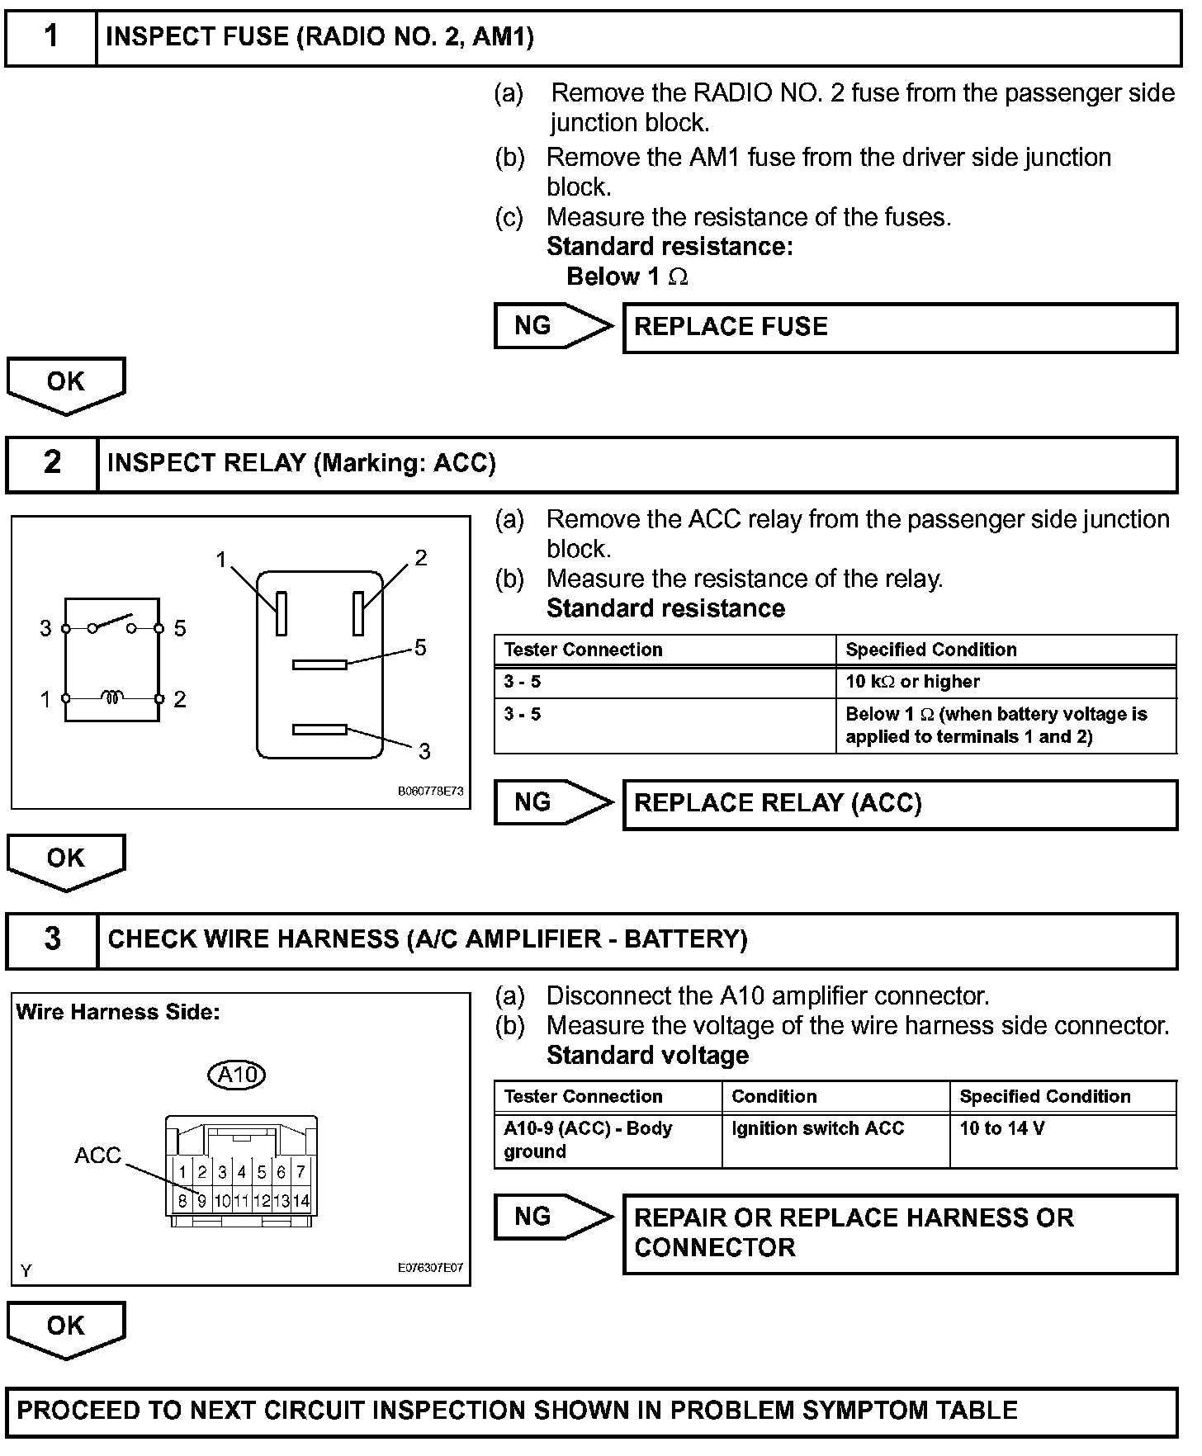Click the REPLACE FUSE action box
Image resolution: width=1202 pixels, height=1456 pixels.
click(x=900, y=328)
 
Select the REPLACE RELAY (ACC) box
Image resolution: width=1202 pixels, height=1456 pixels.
click(x=900, y=805)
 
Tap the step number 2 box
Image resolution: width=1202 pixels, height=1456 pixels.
click(x=52, y=464)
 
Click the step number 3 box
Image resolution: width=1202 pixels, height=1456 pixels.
click(x=52, y=940)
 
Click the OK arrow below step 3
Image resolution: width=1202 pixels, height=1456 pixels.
click(x=66, y=1328)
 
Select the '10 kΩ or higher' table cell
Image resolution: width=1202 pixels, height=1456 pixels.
click(x=1006, y=683)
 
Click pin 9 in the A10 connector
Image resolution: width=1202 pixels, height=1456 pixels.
click(x=201, y=1202)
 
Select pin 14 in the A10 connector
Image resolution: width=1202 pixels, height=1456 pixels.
click(x=300, y=1202)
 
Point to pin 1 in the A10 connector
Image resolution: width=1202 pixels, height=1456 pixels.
click(x=182, y=1172)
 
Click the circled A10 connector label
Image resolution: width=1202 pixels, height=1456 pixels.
click(x=237, y=1075)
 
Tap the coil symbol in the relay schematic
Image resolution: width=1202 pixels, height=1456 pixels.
click(x=112, y=698)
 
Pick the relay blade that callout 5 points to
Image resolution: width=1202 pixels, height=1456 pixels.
click(x=319, y=664)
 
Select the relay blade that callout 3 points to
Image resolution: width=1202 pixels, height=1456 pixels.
click(x=319, y=730)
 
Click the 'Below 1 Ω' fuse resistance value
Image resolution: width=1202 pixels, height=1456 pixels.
click(x=627, y=277)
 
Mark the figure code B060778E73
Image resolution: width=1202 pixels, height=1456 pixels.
click(x=430, y=791)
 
